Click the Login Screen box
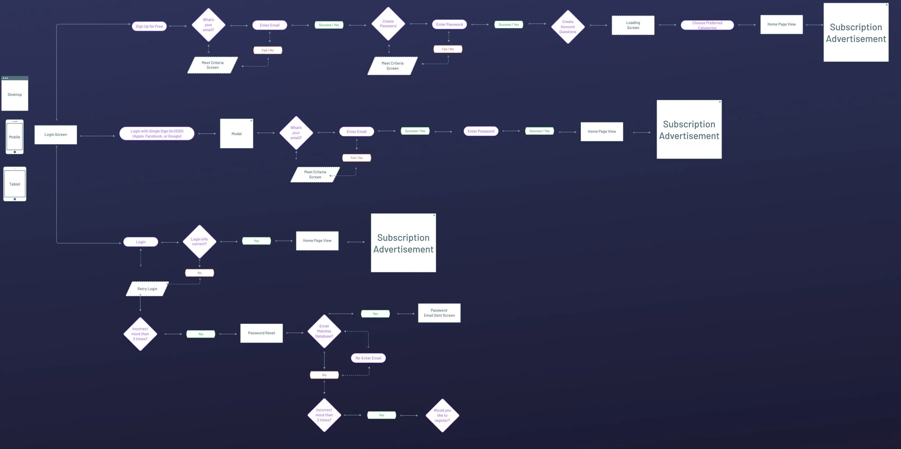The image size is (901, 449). click(56, 135)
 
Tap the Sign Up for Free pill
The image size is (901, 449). click(149, 26)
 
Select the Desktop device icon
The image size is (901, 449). click(15, 94)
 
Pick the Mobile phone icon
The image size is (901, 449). click(15, 137)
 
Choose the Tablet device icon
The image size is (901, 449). click(15, 184)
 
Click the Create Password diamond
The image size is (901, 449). click(388, 24)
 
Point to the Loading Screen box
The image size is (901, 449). click(633, 25)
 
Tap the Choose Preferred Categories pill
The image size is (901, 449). click(707, 25)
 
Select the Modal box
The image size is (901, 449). click(236, 134)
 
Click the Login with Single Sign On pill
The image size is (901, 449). click(157, 134)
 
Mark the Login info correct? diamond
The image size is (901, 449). click(199, 241)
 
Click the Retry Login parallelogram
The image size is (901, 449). click(147, 289)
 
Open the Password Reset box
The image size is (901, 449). click(261, 333)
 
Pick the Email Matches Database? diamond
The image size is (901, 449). click(324, 331)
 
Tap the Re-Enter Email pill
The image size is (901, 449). click(368, 358)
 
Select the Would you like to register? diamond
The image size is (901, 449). click(442, 415)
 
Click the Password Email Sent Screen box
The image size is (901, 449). click(439, 313)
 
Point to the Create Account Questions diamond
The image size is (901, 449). click(568, 27)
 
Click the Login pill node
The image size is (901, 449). click(141, 242)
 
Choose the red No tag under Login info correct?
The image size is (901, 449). click(199, 273)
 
